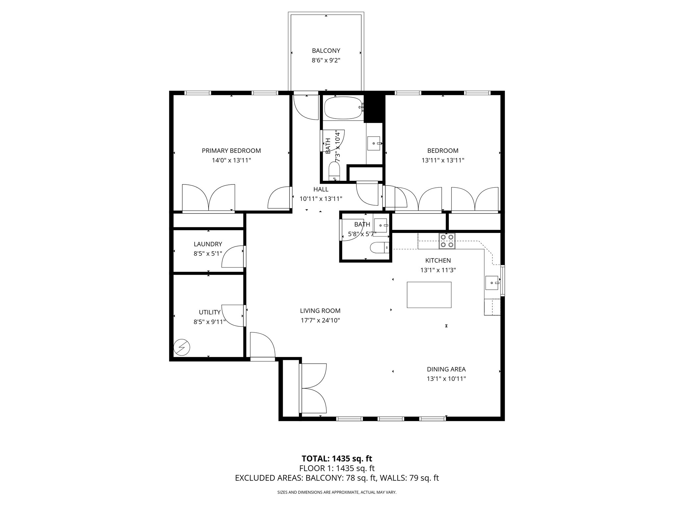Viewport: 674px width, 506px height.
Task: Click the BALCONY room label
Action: pos(326,51)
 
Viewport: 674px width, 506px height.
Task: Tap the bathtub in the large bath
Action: pos(344,108)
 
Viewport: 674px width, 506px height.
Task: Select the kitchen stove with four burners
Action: pos(447,241)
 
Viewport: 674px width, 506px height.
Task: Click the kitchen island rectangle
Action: pos(429,295)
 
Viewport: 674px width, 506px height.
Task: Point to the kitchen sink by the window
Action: pos(492,283)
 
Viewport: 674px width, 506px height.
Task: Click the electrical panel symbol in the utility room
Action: pos(182,348)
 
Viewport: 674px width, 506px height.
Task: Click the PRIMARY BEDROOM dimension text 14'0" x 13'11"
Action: pos(231,160)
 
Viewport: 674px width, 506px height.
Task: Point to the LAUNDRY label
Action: pos(208,244)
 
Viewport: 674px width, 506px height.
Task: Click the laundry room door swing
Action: pos(233,257)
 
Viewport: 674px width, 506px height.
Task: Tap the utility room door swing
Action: pos(233,315)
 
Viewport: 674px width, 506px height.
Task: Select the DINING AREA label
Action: pos(446,369)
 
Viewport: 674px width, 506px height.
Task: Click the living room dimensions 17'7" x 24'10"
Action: pos(320,320)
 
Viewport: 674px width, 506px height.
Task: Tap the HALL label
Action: pos(321,189)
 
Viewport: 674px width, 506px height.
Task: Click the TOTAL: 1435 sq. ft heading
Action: pos(337,459)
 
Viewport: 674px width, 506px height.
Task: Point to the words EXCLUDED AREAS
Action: pos(269,478)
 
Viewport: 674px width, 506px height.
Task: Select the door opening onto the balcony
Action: pos(306,107)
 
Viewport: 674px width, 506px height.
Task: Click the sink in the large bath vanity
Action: pos(374,143)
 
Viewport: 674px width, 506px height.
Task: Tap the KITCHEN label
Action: pos(438,261)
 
